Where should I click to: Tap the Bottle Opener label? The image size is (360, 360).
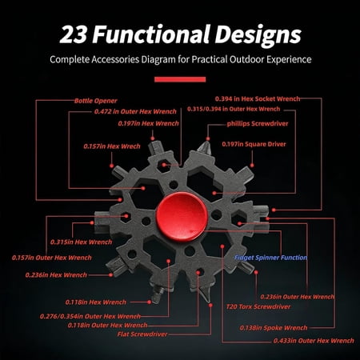pyautogui.click(x=96, y=101)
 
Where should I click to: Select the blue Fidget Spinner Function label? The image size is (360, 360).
pyautogui.click(x=270, y=258)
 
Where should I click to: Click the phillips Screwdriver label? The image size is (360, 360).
pyautogui.click(x=258, y=124)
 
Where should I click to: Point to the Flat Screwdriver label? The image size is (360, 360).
pyautogui.click(x=142, y=334)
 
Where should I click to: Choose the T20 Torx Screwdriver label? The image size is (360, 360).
pyautogui.click(x=258, y=306)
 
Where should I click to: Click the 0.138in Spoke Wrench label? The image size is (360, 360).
pyautogui.click(x=274, y=328)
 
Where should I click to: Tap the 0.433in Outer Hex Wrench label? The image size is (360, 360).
pyautogui.click(x=314, y=341)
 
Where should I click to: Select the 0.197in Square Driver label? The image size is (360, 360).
pyautogui.click(x=254, y=144)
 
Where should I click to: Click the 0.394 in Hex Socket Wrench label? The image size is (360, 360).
pyautogui.click(x=258, y=99)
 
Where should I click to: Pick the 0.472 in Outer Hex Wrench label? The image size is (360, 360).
pyautogui.click(x=135, y=111)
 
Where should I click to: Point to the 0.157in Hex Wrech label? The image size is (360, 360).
pyautogui.click(x=112, y=146)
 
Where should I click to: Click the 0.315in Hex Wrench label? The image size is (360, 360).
pyautogui.click(x=81, y=242)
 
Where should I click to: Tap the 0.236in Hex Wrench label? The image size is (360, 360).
pyautogui.click(x=56, y=275)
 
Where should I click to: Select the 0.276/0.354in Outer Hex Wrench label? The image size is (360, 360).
pyautogui.click(x=90, y=316)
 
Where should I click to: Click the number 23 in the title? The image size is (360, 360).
pyautogui.click(x=74, y=34)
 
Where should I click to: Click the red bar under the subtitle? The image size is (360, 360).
pyautogui.click(x=180, y=79)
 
